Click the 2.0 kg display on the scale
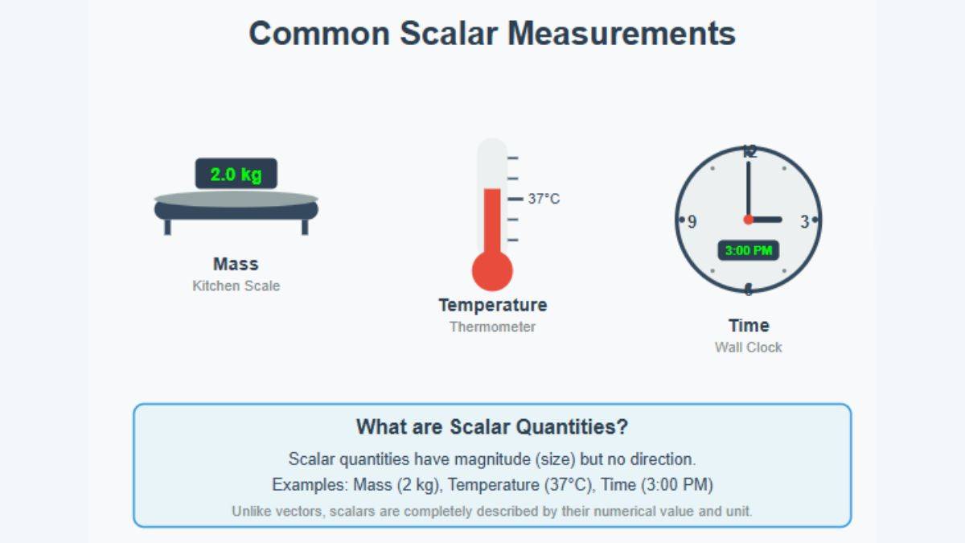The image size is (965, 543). coord(236,174)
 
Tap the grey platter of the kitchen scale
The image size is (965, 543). coord(236,200)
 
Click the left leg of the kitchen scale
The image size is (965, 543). coord(167,227)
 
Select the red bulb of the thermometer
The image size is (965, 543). coord(492,270)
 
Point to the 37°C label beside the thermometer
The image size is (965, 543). coord(544,199)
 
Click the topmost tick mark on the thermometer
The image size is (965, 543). coord(513,158)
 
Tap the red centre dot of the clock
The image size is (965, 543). coord(749,220)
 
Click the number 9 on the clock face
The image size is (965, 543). coord(692,221)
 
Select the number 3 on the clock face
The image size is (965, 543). coord(805,221)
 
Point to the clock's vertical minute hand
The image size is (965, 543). coord(749,190)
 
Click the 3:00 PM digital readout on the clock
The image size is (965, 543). coord(749,250)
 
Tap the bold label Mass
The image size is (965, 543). coord(236,264)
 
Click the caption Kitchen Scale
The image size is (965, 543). coord(236,286)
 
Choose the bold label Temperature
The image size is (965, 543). coord(493,305)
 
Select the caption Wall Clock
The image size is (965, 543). coord(749,348)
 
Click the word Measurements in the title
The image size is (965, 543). coord(622,33)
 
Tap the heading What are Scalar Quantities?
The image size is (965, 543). coord(492,426)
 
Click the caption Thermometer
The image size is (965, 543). coord(492,327)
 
